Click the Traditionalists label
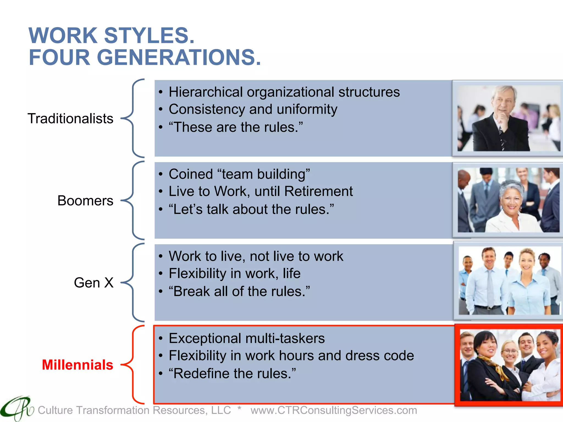click(70, 119)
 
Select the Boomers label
click(85, 201)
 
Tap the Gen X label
click(93, 282)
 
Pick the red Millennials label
click(78, 365)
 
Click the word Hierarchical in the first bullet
click(205, 92)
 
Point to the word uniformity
click(307, 110)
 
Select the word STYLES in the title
click(149, 36)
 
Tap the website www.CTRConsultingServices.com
click(334, 410)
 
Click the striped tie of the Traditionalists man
click(502, 137)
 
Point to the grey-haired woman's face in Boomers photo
click(512, 198)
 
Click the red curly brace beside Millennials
click(133, 365)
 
